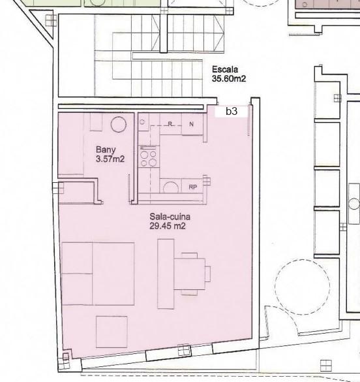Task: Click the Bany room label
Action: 106,150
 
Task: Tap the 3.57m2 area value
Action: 110,159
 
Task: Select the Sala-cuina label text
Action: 170,216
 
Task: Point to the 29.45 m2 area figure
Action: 168,226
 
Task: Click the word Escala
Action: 225,69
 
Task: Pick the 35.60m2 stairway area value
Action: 229,78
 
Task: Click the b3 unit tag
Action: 232,111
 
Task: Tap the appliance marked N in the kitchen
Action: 192,124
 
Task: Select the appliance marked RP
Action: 192,187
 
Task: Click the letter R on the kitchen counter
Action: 170,124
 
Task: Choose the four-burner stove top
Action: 149,157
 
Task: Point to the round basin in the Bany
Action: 119,124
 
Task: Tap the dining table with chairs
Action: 190,274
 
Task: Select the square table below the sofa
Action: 112,332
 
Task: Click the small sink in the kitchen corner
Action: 143,122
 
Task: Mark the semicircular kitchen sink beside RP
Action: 171,187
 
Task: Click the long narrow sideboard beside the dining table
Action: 166,274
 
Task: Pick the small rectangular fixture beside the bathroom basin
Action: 96,122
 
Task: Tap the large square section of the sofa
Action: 113,274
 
